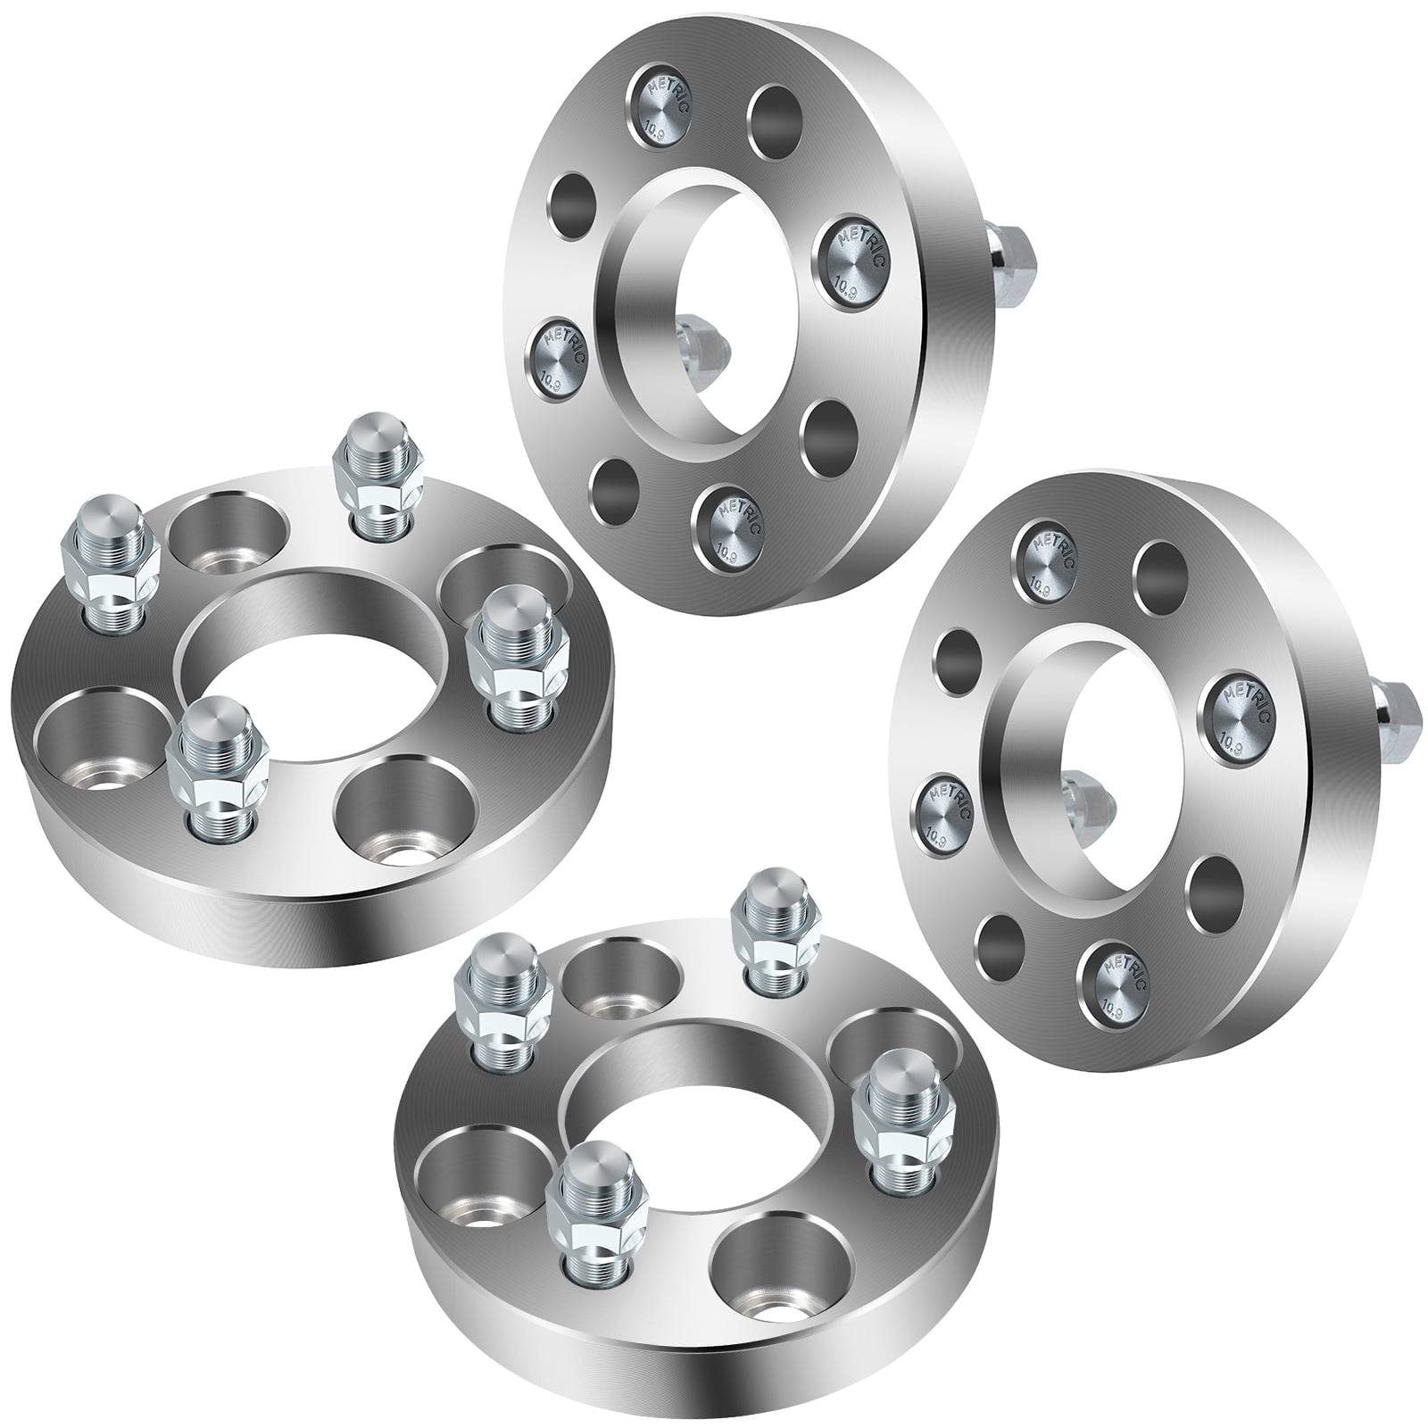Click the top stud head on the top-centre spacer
click(662, 102)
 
